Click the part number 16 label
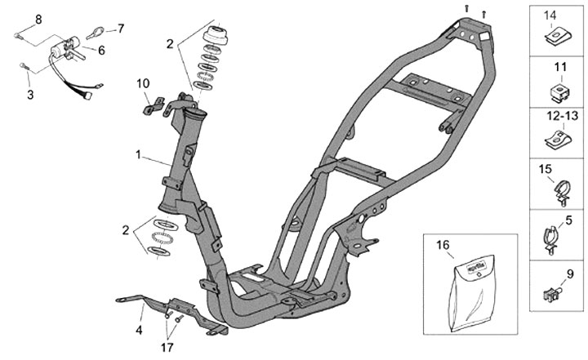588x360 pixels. (443, 244)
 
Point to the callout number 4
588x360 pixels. (139, 330)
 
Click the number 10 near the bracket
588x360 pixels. (143, 82)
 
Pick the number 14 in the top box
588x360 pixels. (550, 15)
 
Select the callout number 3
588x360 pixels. (31, 95)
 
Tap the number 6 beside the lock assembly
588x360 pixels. (101, 50)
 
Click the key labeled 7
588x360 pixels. (94, 32)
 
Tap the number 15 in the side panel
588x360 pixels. (544, 170)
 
